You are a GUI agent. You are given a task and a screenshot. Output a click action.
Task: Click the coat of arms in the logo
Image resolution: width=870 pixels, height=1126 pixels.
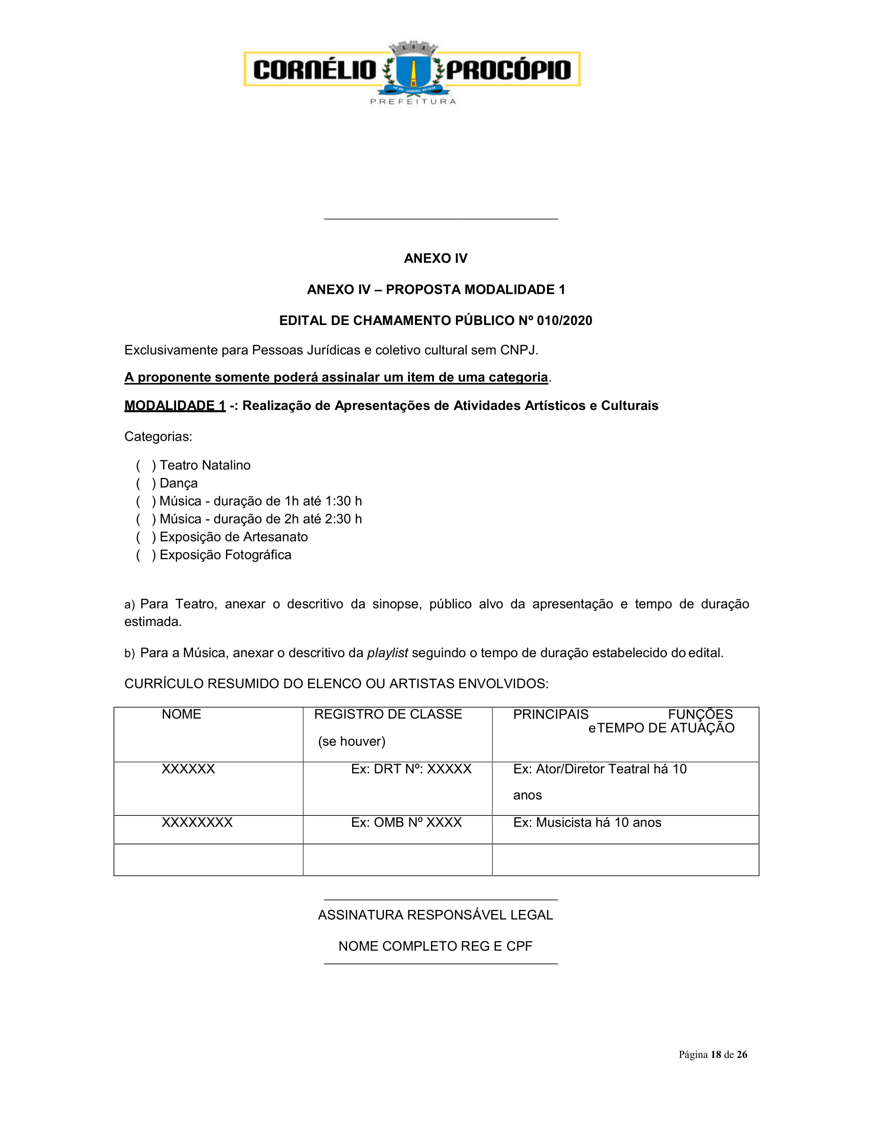412,70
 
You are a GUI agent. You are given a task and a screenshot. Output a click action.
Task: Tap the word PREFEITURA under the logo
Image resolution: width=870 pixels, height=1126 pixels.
413,101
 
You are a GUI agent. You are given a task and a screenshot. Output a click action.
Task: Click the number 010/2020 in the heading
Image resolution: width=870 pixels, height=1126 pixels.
564,321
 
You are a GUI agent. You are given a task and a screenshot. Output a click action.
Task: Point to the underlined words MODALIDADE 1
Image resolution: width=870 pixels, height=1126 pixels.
175,406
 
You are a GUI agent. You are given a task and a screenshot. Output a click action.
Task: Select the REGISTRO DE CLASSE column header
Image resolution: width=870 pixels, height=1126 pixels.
387,714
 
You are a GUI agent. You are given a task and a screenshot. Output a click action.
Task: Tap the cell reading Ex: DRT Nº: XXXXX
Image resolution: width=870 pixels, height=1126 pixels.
411,769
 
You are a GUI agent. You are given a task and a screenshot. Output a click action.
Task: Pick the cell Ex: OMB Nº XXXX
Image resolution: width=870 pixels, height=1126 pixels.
406,823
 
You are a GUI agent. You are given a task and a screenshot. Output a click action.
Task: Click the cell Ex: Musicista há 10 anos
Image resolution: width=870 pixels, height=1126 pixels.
587,823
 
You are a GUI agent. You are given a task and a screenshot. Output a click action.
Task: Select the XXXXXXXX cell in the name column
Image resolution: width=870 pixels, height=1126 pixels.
197,823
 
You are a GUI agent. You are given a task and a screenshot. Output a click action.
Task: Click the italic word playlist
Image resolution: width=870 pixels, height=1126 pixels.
387,653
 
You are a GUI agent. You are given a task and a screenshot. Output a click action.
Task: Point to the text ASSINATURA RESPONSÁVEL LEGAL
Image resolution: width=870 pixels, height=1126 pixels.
435,915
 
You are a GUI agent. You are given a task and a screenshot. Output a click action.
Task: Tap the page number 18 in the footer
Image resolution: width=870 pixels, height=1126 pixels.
715,1055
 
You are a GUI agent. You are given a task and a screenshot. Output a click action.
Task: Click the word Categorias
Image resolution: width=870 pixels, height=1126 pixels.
158,437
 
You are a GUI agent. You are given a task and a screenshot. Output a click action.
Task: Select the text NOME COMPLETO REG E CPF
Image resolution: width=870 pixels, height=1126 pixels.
435,946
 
